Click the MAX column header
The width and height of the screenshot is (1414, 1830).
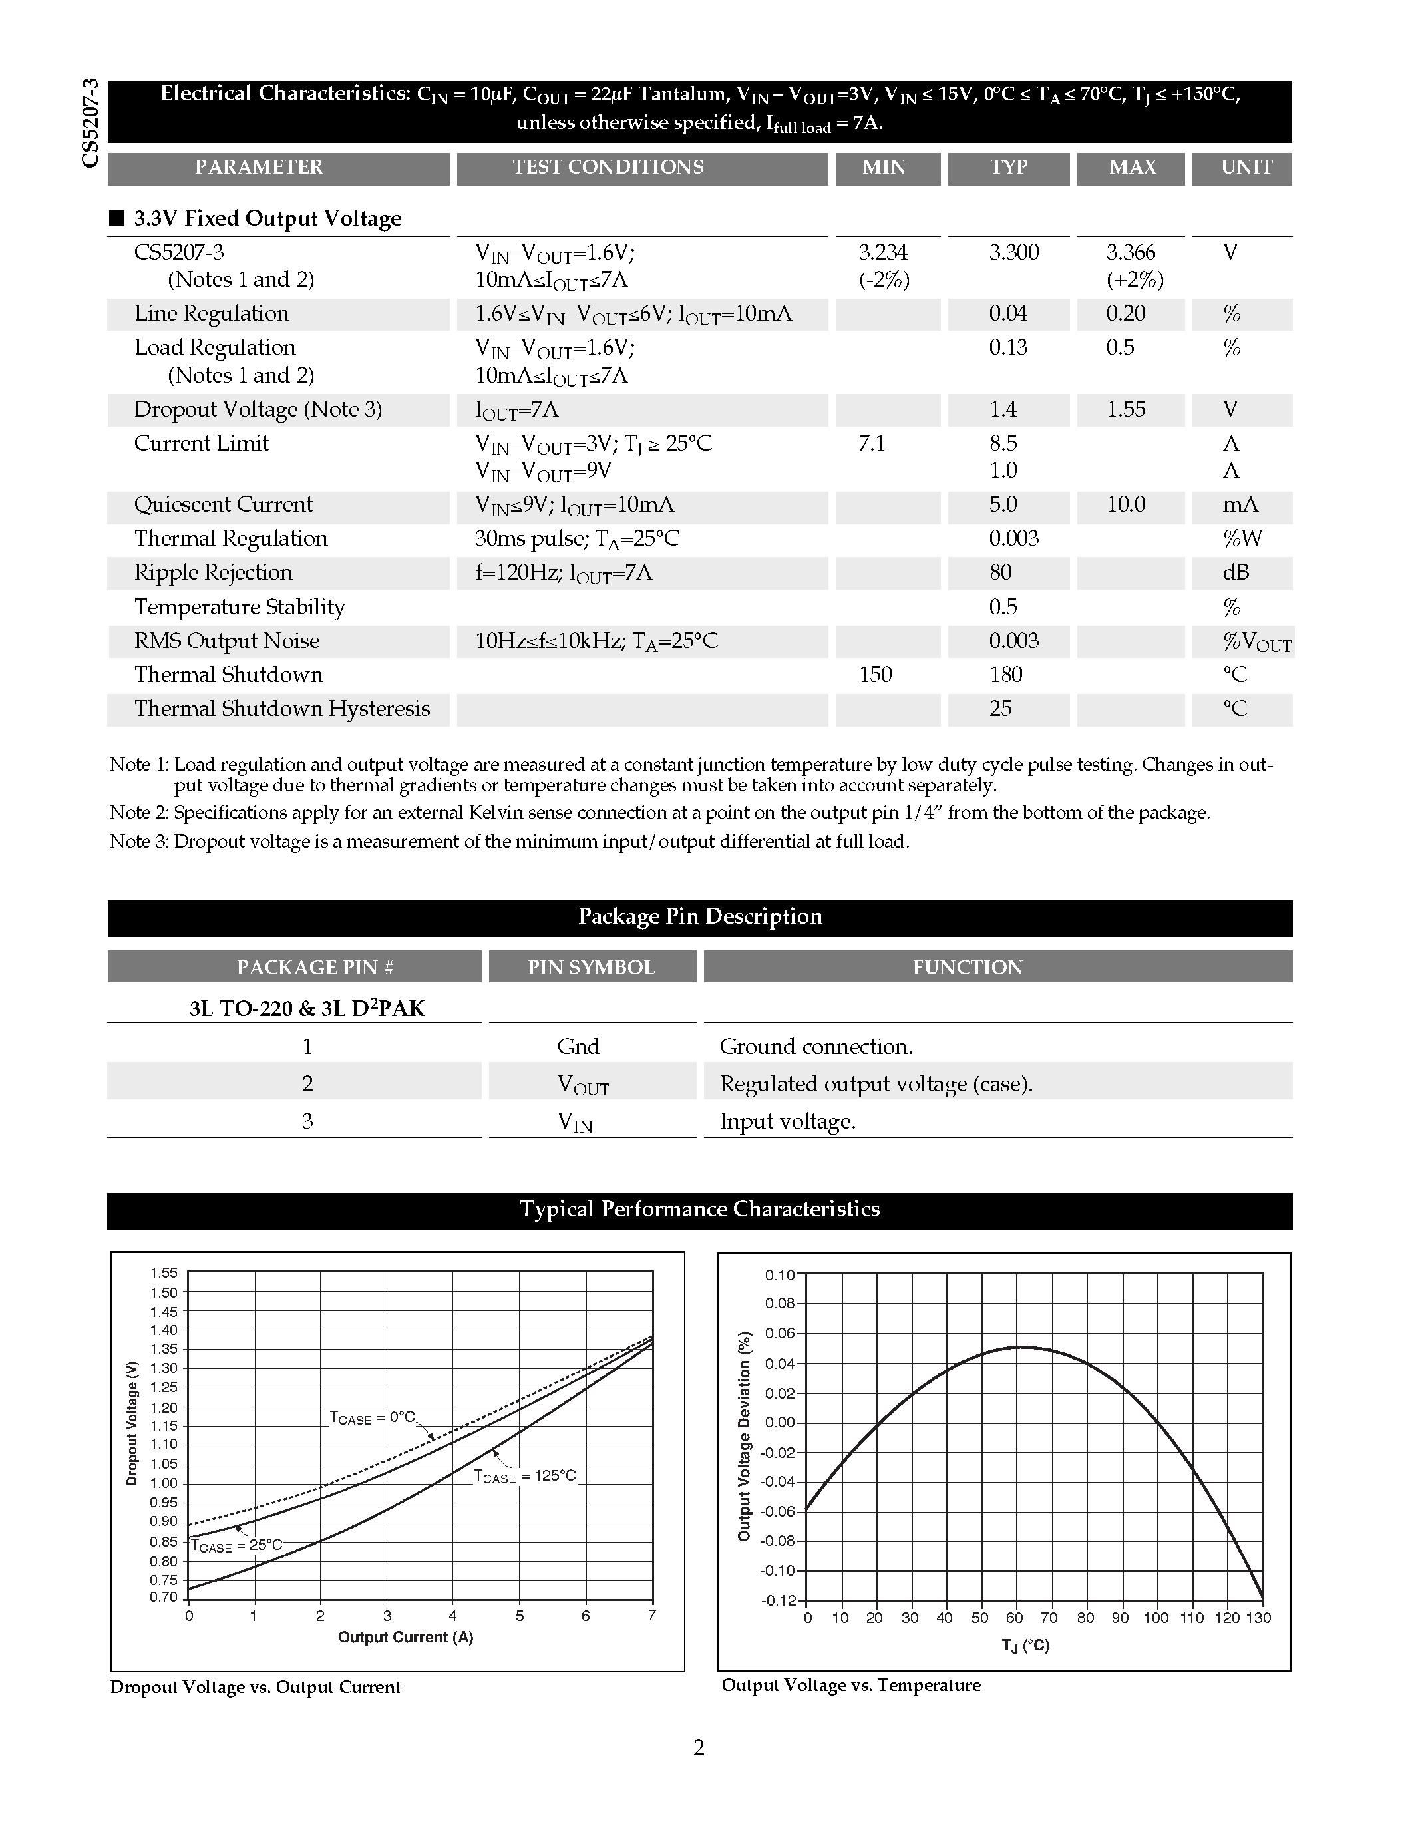tap(1132, 167)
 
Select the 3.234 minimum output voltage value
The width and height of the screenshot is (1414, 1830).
tap(883, 252)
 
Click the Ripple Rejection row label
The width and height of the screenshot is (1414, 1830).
tap(213, 572)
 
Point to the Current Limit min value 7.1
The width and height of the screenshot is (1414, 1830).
tap(871, 443)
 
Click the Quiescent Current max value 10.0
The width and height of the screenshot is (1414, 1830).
tap(1125, 504)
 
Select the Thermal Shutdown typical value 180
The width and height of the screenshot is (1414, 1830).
tap(1005, 675)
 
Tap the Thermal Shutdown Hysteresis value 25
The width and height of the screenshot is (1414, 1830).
tap(1000, 709)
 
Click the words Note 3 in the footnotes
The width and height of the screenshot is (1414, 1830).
tap(138, 841)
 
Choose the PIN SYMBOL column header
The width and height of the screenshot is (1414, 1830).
tap(591, 967)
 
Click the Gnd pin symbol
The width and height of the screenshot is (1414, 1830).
tap(578, 1047)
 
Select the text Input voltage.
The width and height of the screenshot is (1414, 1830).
tap(787, 1121)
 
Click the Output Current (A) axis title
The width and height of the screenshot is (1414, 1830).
tap(405, 1636)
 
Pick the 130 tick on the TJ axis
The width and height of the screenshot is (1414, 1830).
tap(1258, 1617)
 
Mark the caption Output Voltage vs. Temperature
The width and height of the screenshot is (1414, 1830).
tap(850, 1685)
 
